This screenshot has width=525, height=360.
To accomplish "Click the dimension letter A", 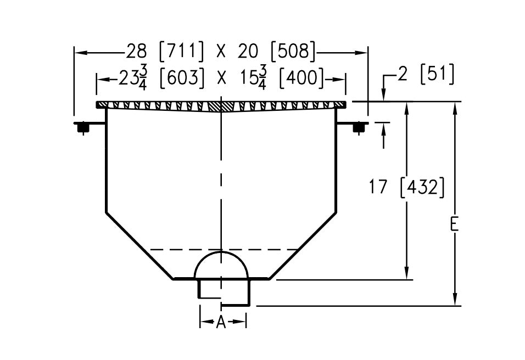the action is pos(221,322).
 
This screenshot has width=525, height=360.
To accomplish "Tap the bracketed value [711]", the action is pos(181,52).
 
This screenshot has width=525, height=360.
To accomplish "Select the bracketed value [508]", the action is pos(293,52).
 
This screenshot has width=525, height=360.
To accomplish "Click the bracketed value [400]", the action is pos(301,78).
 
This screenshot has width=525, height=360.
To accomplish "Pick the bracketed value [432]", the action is pos(422,187).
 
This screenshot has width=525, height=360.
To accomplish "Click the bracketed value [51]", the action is pos(437,74).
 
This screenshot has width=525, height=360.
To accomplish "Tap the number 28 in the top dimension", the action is pos(137,52).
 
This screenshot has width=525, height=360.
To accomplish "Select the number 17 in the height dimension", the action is pos(378,187).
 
